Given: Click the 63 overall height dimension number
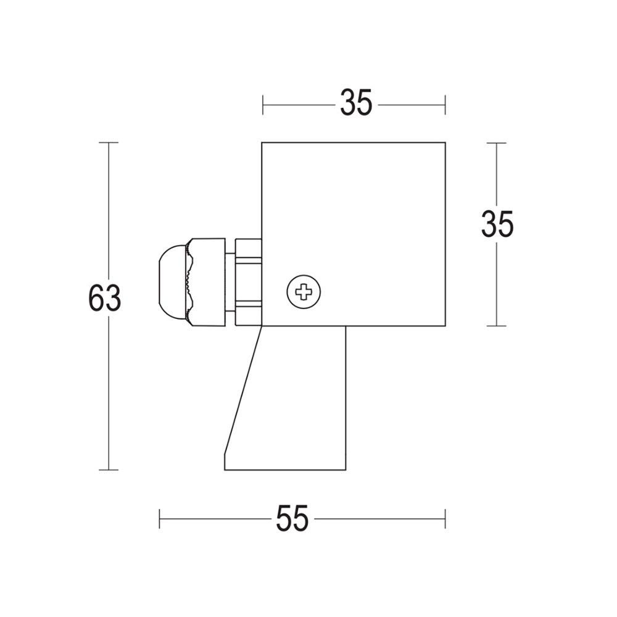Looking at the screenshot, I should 105,299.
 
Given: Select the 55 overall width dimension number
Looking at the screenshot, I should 292,519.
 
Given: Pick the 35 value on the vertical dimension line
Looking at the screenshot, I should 497,225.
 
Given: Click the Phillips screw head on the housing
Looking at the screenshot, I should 304,291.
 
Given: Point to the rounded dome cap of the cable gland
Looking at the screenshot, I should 172,282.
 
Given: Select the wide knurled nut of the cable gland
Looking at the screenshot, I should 207,282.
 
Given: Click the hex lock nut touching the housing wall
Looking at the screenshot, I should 248,282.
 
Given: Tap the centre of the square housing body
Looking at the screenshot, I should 353,234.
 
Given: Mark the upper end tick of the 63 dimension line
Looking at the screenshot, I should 109,143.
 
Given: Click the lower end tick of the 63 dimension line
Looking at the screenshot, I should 109,470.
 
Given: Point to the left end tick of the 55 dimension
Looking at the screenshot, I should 160,519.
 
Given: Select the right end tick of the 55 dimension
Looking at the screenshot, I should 445,519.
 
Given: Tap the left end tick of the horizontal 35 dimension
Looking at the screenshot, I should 263,105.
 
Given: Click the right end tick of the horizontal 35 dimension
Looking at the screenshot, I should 445,105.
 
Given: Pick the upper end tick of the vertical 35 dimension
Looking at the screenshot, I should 497,143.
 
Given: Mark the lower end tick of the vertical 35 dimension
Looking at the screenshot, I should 497,326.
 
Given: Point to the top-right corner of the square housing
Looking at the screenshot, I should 444,143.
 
